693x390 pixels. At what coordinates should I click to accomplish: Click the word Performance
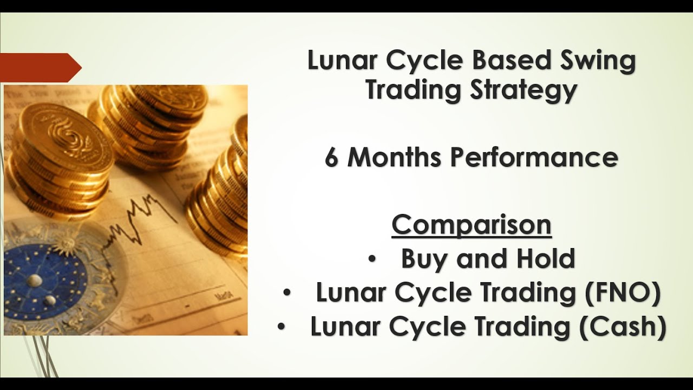(534, 158)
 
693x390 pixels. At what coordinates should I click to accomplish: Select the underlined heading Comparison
(471, 225)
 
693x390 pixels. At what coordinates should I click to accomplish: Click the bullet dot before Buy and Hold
(371, 259)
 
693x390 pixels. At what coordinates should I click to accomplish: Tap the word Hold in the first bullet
(545, 259)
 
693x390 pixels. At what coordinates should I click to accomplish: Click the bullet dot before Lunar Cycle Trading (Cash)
(281, 328)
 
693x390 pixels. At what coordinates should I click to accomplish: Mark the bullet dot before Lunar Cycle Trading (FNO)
(287, 294)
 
